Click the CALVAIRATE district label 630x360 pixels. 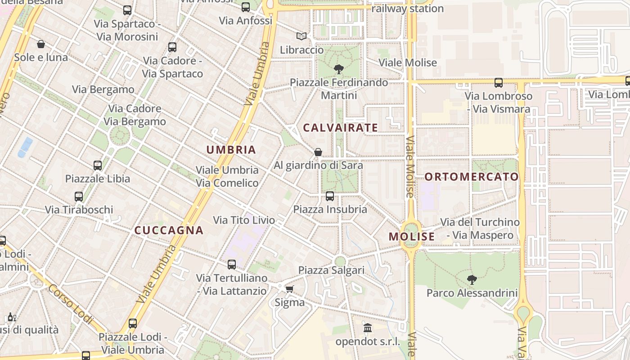340,128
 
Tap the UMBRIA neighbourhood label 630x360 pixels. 231,150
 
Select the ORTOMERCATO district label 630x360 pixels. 472,177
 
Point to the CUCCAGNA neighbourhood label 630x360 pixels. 169,230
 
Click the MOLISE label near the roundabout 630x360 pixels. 412,237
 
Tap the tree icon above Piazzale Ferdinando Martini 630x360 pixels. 339,69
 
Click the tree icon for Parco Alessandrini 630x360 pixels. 472,280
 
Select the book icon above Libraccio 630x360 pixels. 301,36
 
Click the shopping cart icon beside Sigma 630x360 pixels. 289,289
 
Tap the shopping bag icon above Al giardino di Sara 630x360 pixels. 318,152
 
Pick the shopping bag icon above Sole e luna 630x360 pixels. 41,44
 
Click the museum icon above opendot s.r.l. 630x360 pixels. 368,328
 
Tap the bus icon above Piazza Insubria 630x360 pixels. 330,196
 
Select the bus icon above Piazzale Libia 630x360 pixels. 98,165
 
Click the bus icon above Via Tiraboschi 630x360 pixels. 79,196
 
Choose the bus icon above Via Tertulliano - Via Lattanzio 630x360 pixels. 232,265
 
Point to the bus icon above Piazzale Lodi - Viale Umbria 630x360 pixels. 132,323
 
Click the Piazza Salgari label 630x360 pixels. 331,270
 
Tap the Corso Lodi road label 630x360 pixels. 70,304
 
